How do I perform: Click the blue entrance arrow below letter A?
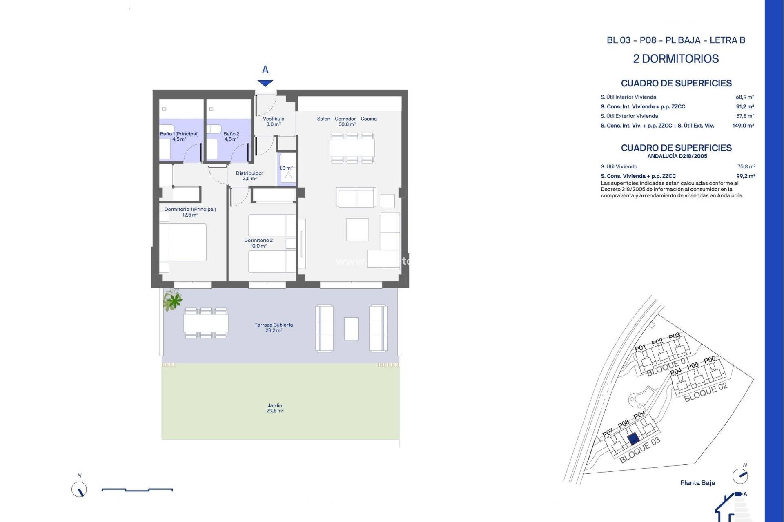coord(265,83)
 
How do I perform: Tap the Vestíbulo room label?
coord(274,122)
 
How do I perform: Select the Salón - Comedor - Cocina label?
coord(347,122)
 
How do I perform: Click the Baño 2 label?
coord(231,136)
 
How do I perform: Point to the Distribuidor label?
coord(249,176)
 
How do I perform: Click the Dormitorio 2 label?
coord(258,243)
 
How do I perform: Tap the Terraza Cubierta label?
coord(274,327)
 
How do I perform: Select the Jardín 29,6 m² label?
coord(275,408)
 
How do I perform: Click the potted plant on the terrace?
coord(173,301)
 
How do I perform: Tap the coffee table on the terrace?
coord(351,328)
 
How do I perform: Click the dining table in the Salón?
coord(352,148)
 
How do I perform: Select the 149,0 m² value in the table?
coord(743,126)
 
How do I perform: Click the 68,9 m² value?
coord(744,97)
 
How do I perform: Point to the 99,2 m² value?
coord(745,176)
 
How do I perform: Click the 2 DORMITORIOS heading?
coord(676,59)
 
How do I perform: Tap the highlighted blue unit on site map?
coord(633,439)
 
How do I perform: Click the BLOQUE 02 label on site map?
coord(705,392)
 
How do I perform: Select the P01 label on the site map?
coord(640,348)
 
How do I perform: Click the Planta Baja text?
coord(697,483)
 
